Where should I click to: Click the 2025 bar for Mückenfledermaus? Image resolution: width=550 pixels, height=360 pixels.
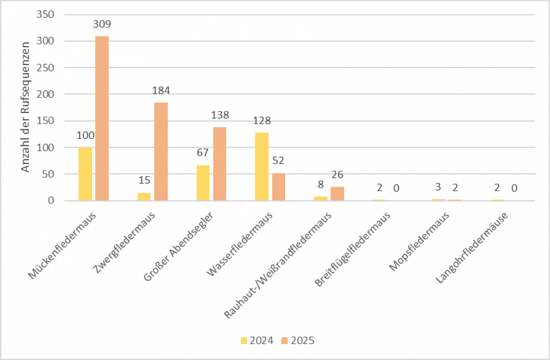102,118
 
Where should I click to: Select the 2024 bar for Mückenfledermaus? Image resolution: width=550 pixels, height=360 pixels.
85,174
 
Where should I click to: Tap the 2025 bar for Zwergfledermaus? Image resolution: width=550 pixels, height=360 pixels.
161,152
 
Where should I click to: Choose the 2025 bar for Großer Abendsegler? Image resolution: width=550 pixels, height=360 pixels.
220,164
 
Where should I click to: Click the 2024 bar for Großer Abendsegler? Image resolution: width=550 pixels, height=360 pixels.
203,183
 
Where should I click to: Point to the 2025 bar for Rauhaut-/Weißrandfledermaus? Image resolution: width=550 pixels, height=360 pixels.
337,194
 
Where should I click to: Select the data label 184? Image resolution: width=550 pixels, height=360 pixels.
161,90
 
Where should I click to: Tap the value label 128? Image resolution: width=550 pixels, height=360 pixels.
262,121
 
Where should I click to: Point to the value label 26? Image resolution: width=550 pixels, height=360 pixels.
337,175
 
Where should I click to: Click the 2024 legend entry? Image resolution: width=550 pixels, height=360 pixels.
257,340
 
